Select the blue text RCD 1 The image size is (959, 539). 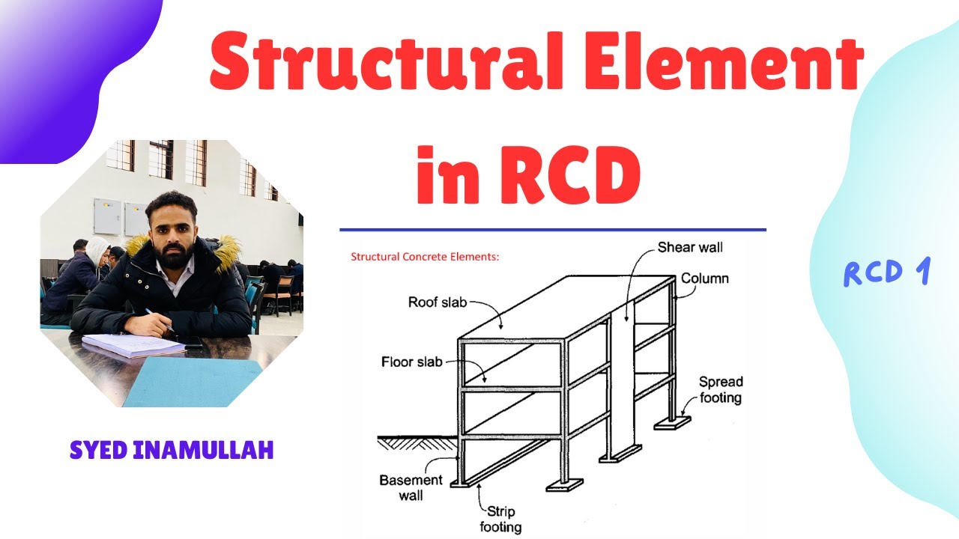[x=886, y=273]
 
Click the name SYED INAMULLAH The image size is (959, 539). [x=172, y=450]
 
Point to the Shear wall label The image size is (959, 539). [x=690, y=247]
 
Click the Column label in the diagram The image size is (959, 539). [x=704, y=279]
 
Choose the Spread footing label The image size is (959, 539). [x=721, y=389]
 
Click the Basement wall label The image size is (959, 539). [x=411, y=487]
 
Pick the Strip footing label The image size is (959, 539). [x=500, y=520]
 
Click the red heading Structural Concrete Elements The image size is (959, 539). [x=425, y=257]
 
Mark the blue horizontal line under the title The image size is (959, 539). [x=553, y=230]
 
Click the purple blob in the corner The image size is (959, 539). [x=67, y=60]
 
